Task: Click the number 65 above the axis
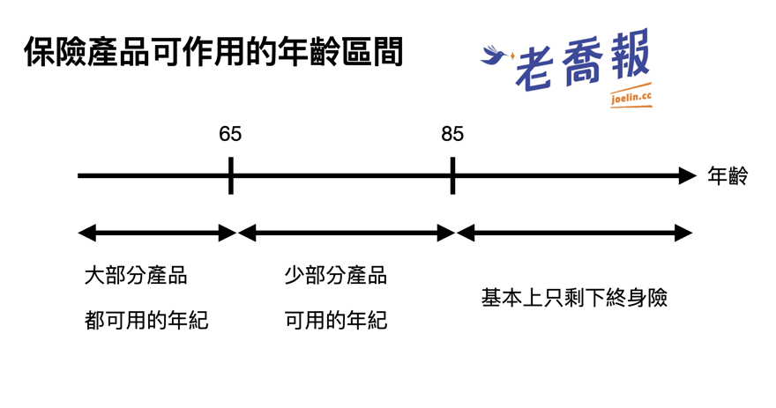click(230, 134)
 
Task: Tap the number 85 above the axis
click(452, 134)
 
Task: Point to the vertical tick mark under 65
click(231, 175)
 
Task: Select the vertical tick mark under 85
click(453, 175)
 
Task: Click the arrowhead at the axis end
click(688, 175)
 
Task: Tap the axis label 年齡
click(727, 176)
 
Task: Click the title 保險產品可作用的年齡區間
click(213, 52)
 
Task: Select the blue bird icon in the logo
click(496, 55)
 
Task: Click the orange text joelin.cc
click(631, 97)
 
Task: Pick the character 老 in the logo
click(534, 70)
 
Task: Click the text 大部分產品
click(136, 276)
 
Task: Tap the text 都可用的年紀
click(146, 320)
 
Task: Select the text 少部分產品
click(336, 276)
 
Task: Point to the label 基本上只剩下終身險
click(575, 298)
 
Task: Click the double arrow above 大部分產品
click(157, 233)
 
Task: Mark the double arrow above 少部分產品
click(347, 233)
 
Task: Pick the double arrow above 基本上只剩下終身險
click(574, 233)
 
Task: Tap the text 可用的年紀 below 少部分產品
click(336, 320)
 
